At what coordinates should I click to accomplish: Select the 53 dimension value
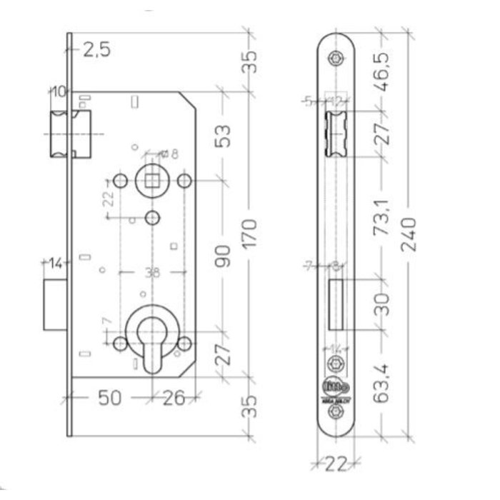tap(223, 134)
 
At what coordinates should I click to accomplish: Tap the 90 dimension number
tap(223, 255)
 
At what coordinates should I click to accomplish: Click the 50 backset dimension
tap(109, 398)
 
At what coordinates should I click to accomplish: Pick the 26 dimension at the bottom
tap(173, 398)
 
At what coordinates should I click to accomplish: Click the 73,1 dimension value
tap(384, 219)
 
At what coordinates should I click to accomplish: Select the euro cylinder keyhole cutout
tap(151, 343)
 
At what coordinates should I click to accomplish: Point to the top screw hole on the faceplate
tap(336, 59)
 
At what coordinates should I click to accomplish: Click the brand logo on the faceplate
tap(336, 386)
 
